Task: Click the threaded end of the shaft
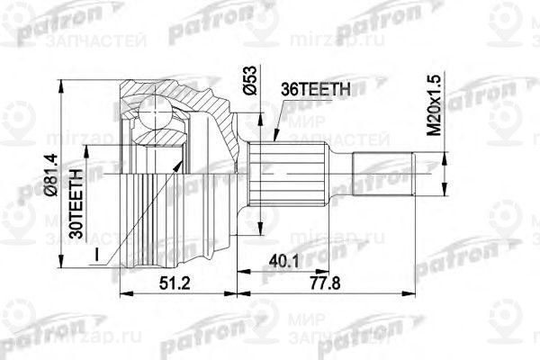pos(382,175)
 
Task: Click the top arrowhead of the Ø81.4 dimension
pos(62,84)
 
